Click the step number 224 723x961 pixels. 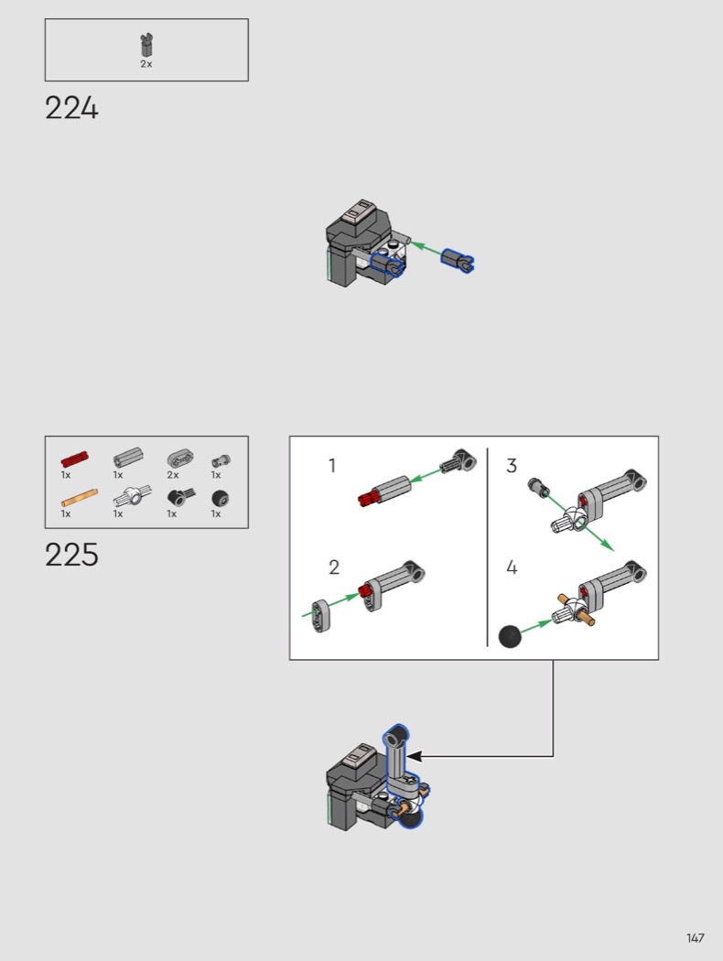point(71,109)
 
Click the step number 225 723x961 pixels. point(71,555)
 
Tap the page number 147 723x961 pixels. point(695,938)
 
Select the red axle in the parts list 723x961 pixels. point(75,459)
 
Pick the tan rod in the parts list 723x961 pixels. point(79,497)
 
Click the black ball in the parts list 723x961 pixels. point(220,498)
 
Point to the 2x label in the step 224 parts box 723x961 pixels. point(146,64)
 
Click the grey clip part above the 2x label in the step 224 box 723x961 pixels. point(146,46)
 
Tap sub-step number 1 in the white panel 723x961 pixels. point(332,466)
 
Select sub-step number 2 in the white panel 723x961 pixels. point(334,567)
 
